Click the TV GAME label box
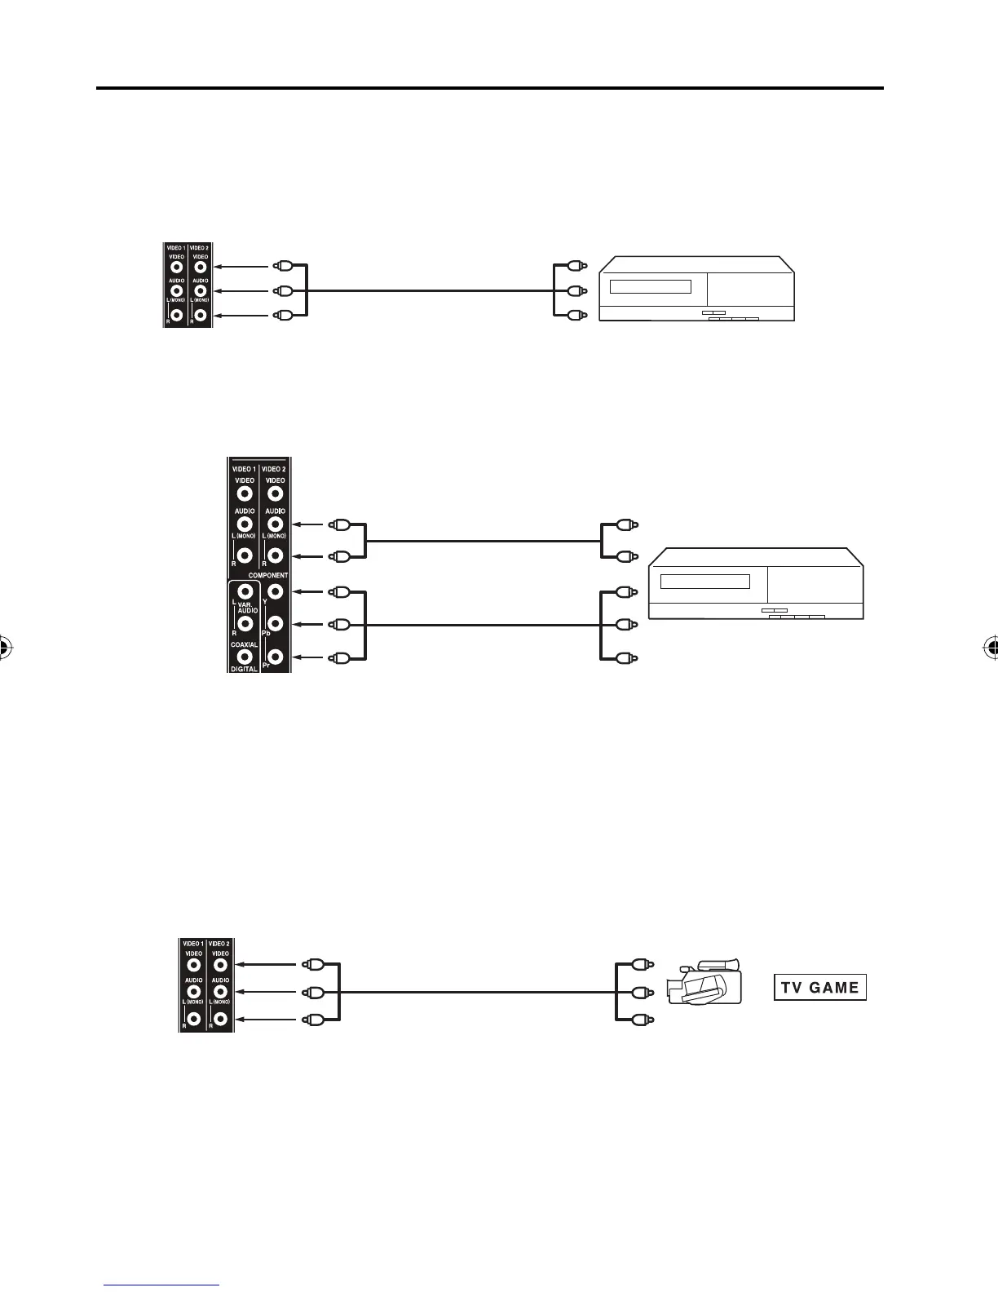coord(819,988)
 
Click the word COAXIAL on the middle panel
coord(244,644)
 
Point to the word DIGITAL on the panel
coord(244,668)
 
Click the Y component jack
coord(276,591)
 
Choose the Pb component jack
coord(276,624)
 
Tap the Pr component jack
coord(276,657)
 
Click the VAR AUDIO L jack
coord(243,591)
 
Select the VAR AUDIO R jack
coord(243,624)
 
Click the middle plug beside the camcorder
coord(642,992)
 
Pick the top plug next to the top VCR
coord(576,266)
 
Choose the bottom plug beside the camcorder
coord(642,1019)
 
